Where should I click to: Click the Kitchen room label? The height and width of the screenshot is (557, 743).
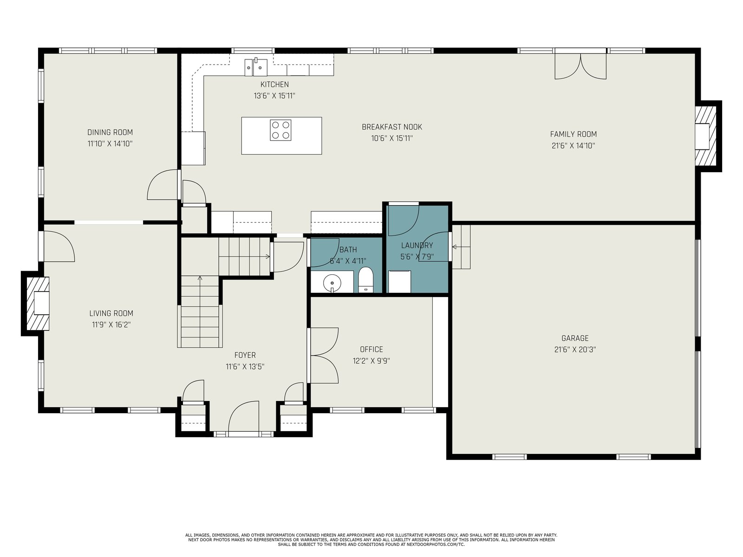(274, 84)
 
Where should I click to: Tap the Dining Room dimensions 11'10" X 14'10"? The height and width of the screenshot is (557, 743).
(110, 144)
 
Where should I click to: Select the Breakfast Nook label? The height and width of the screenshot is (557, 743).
(391, 127)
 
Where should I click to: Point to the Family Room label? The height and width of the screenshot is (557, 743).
(573, 134)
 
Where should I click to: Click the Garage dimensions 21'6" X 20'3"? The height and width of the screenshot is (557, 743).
(575, 350)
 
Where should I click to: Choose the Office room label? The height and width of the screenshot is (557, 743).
(371, 350)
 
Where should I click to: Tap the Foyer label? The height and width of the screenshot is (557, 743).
(245, 355)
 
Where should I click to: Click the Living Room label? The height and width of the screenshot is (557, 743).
(111, 313)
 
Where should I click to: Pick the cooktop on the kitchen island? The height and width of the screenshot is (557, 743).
(280, 130)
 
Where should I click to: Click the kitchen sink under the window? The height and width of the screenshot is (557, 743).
(256, 67)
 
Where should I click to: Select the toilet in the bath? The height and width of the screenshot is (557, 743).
(365, 280)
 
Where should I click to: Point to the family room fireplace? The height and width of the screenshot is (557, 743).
(705, 136)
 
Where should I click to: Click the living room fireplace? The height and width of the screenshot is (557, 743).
(38, 304)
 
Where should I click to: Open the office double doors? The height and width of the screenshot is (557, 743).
(323, 356)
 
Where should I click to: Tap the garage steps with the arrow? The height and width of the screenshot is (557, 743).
(462, 247)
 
